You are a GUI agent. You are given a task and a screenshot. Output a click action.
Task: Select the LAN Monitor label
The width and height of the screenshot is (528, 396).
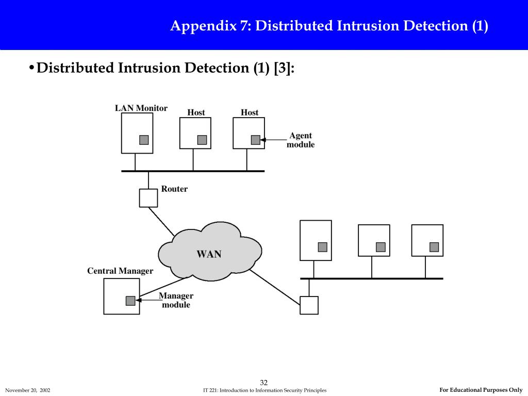click(x=141, y=108)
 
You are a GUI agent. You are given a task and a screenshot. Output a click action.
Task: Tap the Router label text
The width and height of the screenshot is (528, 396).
click(x=174, y=189)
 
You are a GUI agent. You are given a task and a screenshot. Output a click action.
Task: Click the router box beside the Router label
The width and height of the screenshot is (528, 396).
click(x=148, y=198)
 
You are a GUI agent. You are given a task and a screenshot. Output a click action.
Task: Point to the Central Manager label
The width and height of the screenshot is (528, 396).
click(x=120, y=271)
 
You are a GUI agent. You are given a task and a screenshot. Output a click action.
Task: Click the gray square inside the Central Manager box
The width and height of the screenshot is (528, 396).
click(x=130, y=301)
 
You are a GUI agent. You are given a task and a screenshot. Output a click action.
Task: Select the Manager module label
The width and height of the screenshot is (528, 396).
click(x=176, y=300)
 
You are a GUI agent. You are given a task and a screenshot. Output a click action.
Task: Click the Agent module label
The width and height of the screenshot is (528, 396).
click(x=301, y=140)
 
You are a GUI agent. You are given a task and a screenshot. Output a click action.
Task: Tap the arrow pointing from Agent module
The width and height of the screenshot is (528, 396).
click(x=273, y=140)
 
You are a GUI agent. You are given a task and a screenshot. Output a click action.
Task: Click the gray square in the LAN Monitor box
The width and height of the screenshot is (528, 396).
click(x=144, y=140)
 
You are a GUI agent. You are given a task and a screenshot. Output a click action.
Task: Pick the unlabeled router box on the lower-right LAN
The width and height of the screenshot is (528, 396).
click(x=309, y=305)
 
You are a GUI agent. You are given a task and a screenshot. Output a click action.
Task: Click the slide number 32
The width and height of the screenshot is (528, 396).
click(x=264, y=382)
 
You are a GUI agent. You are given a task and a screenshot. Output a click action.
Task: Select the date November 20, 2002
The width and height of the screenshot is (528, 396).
click(x=28, y=390)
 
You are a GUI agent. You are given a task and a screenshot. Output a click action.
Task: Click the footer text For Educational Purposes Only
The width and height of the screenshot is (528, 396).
click(x=481, y=390)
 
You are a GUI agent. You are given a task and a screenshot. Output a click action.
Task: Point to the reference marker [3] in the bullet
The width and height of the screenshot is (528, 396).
click(x=284, y=68)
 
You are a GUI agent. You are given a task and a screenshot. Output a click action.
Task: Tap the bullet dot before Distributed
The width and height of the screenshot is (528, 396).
click(x=31, y=68)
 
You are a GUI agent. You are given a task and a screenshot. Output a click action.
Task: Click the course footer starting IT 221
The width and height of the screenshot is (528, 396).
click(x=265, y=390)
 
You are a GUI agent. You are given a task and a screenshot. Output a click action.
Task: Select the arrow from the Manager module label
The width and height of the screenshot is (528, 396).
click(x=150, y=300)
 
